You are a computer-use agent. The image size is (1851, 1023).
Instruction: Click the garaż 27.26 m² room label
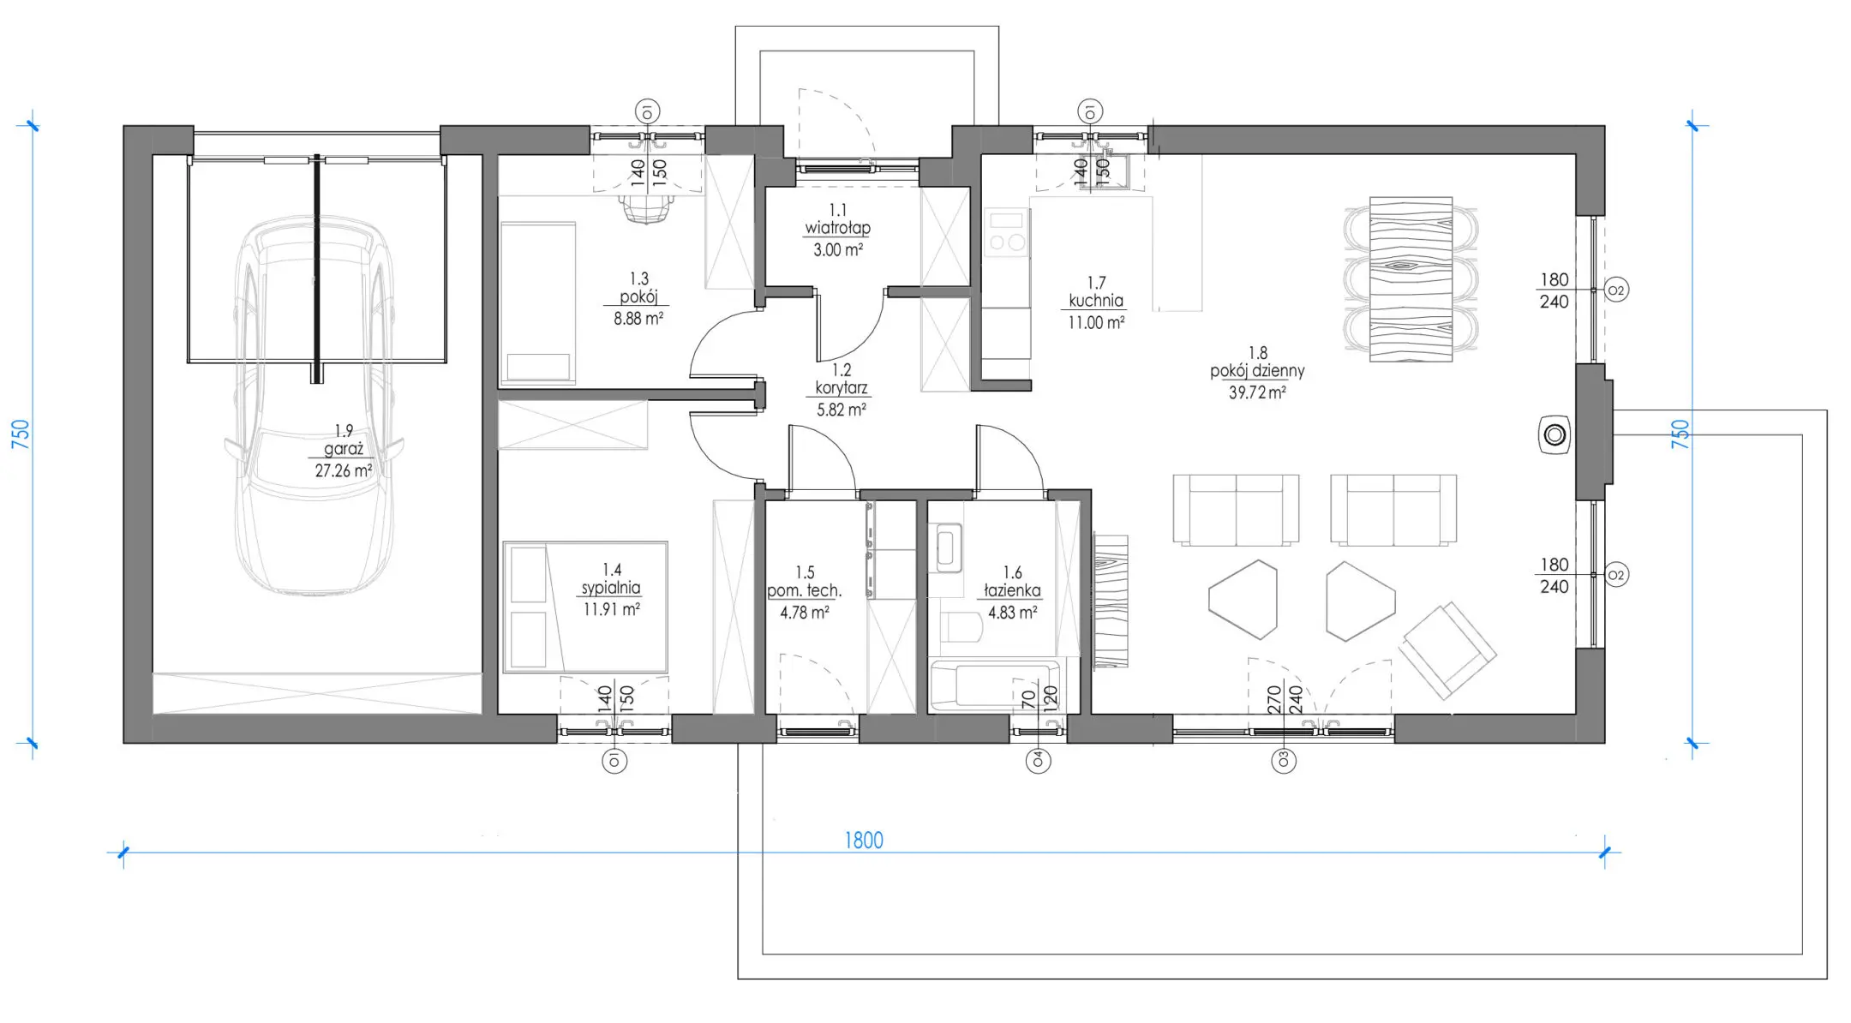click(x=344, y=451)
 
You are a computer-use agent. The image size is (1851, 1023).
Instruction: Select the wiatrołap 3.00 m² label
click(x=837, y=230)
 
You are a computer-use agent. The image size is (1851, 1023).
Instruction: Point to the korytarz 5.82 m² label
click(x=842, y=389)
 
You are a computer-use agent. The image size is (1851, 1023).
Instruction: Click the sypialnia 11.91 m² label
click(x=612, y=589)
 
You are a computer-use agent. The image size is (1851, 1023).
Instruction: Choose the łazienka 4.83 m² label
click(x=1013, y=592)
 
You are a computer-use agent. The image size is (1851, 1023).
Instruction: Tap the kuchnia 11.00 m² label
click(x=1096, y=302)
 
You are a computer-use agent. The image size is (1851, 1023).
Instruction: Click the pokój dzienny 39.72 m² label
click(x=1257, y=373)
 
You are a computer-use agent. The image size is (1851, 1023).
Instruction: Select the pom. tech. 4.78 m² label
click(x=805, y=592)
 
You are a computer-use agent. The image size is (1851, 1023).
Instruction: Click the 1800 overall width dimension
click(x=864, y=841)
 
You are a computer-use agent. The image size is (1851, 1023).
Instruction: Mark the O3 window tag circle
click(x=1284, y=760)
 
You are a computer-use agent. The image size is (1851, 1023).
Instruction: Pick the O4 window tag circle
click(x=1039, y=760)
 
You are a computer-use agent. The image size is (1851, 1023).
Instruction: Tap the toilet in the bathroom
click(x=961, y=626)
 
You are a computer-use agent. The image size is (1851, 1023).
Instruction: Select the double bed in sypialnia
click(x=585, y=607)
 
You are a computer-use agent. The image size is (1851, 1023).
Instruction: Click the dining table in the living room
click(x=1411, y=279)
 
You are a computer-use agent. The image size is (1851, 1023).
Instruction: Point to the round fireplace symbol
click(x=1554, y=435)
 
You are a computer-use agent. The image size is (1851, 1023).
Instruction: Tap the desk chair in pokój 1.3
click(x=646, y=207)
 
